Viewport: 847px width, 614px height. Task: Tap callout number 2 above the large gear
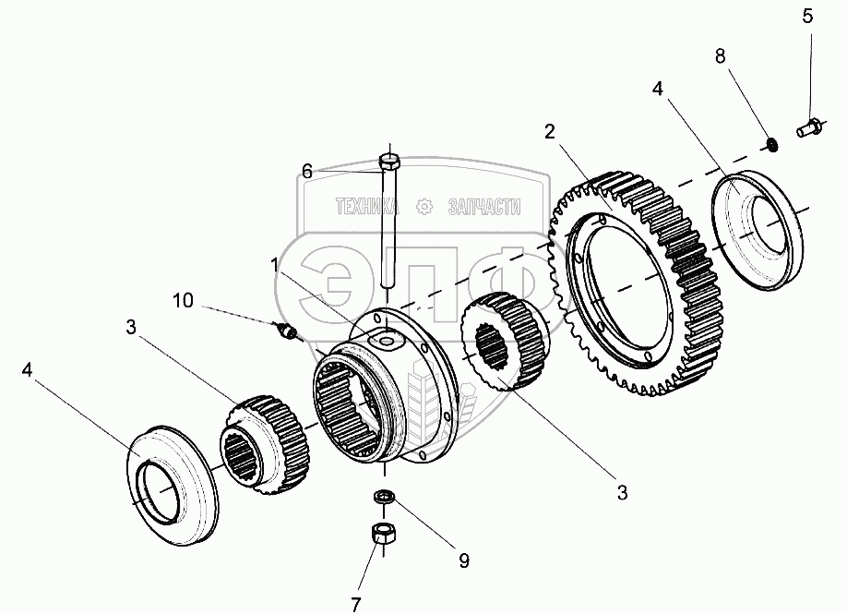pos(550,131)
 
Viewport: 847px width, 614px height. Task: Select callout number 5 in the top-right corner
pos(807,16)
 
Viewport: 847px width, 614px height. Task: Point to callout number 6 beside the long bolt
pos(307,170)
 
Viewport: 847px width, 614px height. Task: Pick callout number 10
pos(183,300)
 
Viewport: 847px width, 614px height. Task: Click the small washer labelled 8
pos(769,143)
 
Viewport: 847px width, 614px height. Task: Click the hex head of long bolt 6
pos(388,163)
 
